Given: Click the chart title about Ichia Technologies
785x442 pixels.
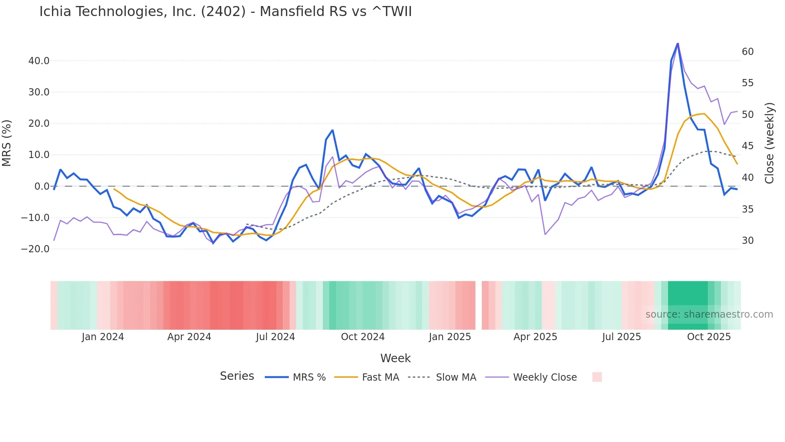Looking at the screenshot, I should pyautogui.click(x=225, y=12).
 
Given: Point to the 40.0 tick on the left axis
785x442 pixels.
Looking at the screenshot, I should pyautogui.click(x=39, y=61).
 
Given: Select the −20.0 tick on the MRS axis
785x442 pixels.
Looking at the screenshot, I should pyautogui.click(x=35, y=249).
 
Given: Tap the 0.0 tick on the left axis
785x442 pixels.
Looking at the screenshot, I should pyautogui.click(x=42, y=187).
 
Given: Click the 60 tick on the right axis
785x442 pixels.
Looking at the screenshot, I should pyautogui.click(x=748, y=52).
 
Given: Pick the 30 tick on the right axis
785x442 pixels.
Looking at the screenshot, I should pyautogui.click(x=748, y=241).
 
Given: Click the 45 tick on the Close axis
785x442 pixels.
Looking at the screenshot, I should pyautogui.click(x=748, y=146).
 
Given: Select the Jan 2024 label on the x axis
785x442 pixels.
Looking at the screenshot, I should pyautogui.click(x=103, y=337).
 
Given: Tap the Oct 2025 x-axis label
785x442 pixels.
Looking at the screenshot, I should pyautogui.click(x=709, y=337).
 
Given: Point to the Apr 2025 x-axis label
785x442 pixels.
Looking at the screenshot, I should pyautogui.click(x=535, y=337).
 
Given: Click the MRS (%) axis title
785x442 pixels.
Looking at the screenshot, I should pyautogui.click(x=7, y=143).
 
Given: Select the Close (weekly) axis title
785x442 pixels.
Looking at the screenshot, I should pyautogui.click(x=769, y=143).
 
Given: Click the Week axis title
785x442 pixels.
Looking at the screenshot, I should pyautogui.click(x=395, y=358).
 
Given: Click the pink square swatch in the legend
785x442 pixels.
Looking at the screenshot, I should pyautogui.click(x=597, y=377).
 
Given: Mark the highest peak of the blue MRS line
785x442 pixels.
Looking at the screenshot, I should pyautogui.click(x=678, y=43).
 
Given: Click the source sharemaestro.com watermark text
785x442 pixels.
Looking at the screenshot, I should pyautogui.click(x=709, y=314).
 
